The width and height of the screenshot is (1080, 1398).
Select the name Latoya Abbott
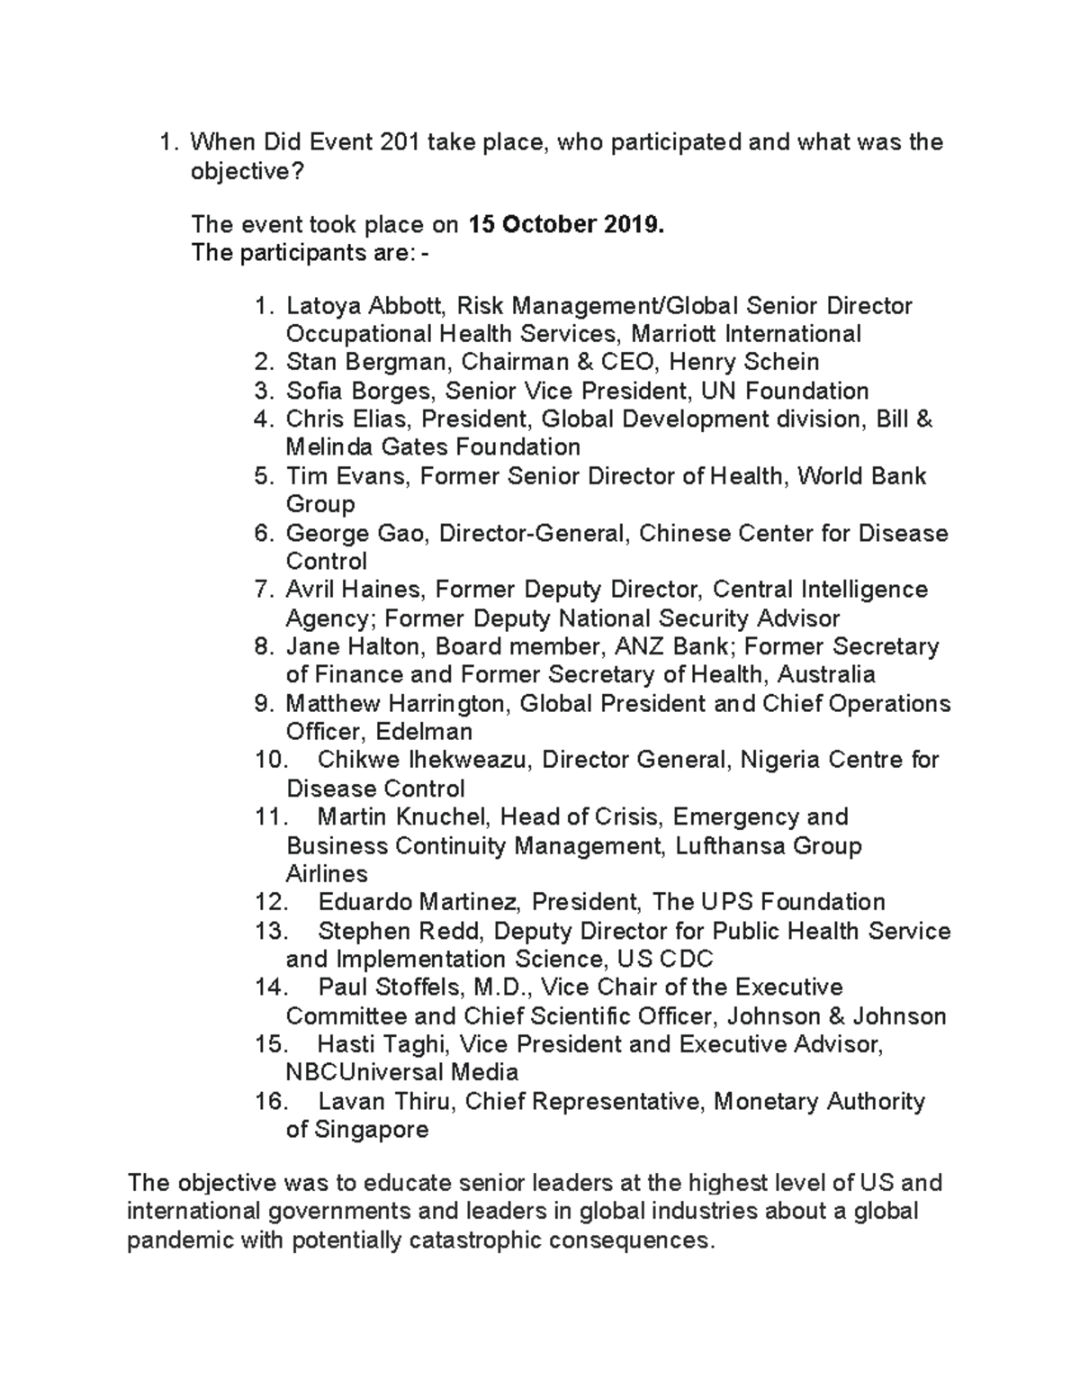tap(358, 306)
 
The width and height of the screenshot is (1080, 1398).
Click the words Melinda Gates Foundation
tap(432, 447)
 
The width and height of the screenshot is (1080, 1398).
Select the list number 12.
tap(271, 902)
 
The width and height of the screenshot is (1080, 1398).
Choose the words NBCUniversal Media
tap(401, 1073)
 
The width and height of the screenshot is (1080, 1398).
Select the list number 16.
tap(271, 1102)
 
